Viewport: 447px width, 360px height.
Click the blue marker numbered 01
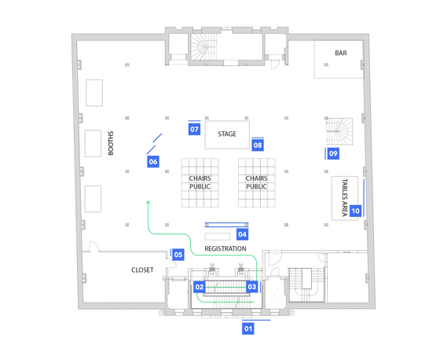point(247,329)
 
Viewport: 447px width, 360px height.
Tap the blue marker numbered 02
point(200,287)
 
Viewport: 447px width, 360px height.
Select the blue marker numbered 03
point(252,287)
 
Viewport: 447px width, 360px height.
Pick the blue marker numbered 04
point(242,234)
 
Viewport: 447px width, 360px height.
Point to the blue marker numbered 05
point(178,255)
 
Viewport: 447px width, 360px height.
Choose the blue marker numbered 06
point(153,162)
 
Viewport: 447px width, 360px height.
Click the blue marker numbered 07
point(194,129)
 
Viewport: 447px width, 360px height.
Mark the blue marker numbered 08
point(258,145)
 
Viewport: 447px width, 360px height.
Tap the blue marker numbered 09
point(333,154)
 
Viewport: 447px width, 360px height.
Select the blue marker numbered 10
point(356,211)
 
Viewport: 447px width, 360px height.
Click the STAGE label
point(227,134)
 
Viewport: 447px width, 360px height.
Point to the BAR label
point(341,53)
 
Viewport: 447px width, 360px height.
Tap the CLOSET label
point(142,270)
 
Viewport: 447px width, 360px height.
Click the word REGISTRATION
point(225,248)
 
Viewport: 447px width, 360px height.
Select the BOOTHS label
point(111,143)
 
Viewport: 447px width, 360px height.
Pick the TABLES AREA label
point(345,197)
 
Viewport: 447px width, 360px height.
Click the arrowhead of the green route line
point(148,202)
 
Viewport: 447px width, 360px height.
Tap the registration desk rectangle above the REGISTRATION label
point(218,237)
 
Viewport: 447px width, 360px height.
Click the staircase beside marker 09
point(339,131)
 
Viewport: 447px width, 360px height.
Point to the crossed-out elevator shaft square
point(274,294)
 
